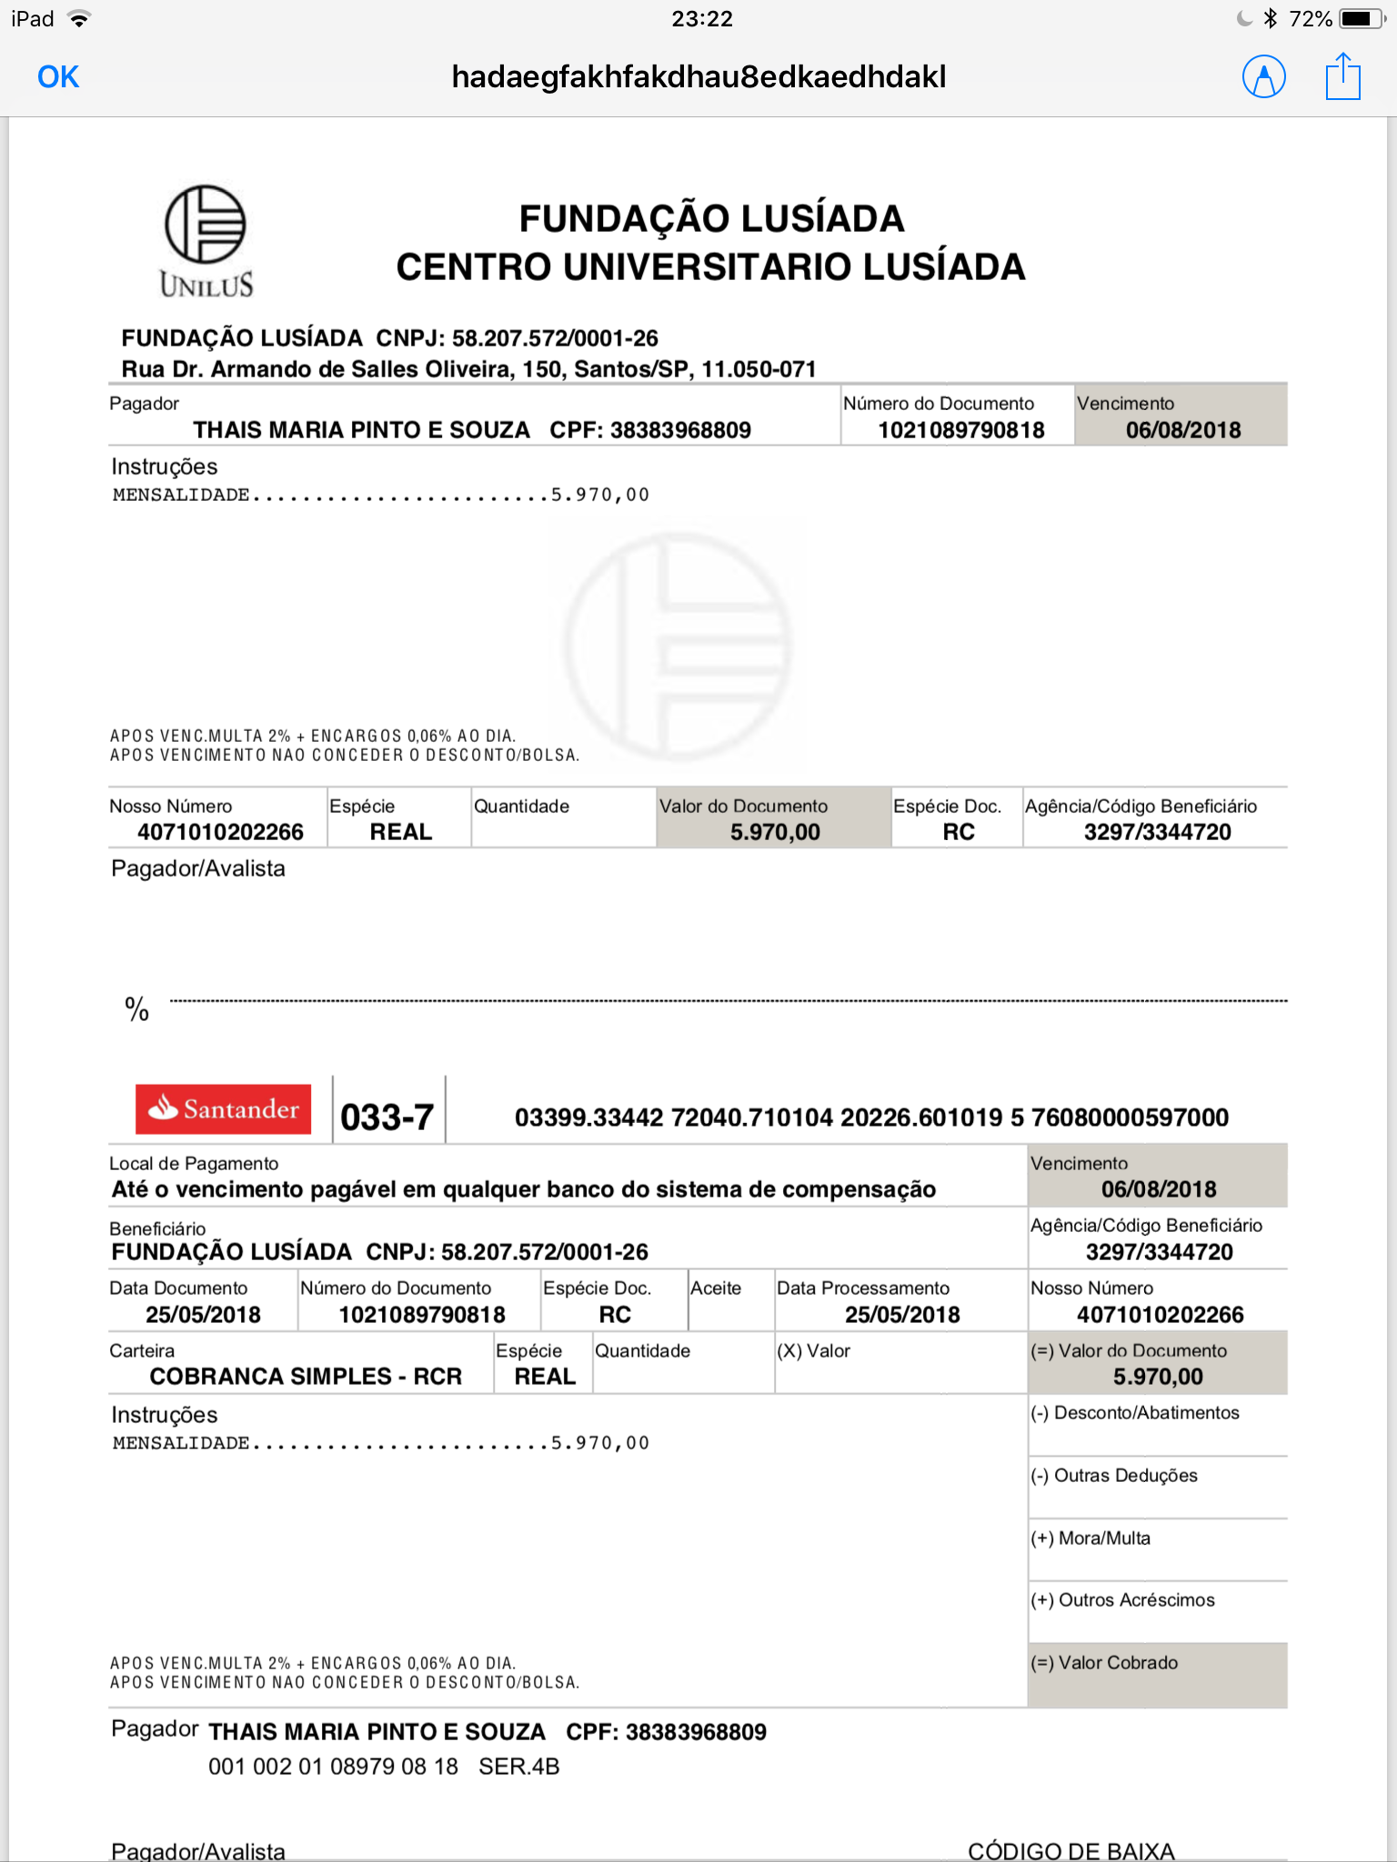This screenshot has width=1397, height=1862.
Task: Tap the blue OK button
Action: pos(58,77)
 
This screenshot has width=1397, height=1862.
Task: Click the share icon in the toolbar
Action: pos(1342,76)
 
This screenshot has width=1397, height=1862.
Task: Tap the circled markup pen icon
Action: pos(1263,77)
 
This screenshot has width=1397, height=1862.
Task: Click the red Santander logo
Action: pos(224,1108)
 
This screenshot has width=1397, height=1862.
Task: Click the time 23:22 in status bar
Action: pos(701,18)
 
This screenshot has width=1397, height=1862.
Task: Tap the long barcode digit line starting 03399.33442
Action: pos(871,1117)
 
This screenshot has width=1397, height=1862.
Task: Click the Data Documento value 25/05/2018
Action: pos(203,1315)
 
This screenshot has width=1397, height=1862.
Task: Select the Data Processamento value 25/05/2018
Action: pos(902,1315)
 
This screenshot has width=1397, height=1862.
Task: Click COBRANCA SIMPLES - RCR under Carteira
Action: pos(306,1376)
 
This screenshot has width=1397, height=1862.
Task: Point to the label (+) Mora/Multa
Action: pos(1090,1538)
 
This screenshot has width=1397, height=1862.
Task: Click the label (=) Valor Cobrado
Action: pos(1104,1663)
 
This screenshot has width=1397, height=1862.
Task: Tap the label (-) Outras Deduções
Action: pos(1114,1476)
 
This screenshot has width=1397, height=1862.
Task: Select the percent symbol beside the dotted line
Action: pos(137,1009)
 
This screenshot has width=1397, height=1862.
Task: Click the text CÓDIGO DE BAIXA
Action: pos(1070,1850)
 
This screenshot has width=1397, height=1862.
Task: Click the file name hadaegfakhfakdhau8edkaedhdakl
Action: pos(698,77)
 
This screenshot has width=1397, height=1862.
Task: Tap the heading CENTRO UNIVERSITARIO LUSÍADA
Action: pos(710,266)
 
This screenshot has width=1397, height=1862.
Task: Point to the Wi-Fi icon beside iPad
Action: pos(80,19)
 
